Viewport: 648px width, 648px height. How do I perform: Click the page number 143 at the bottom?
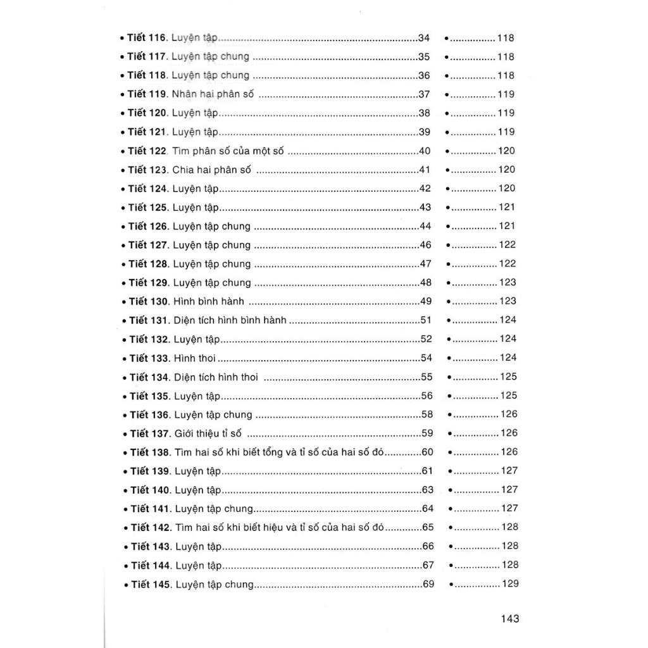tap(509, 618)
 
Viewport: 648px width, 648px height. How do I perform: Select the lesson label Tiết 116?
tap(146, 37)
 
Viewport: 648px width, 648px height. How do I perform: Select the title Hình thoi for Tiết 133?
tap(194, 358)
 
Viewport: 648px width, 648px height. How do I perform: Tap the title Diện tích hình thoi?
tap(216, 377)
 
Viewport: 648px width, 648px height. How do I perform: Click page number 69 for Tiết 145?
tap(428, 583)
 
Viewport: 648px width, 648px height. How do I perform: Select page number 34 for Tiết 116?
tap(424, 37)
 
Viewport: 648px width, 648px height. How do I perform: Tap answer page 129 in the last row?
tap(510, 583)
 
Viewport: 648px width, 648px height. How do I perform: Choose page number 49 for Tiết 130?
tap(426, 301)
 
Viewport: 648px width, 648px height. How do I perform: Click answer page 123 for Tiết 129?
tap(508, 282)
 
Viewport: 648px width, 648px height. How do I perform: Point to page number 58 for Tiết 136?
tap(427, 414)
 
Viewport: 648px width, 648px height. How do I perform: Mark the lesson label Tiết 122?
tap(147, 151)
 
